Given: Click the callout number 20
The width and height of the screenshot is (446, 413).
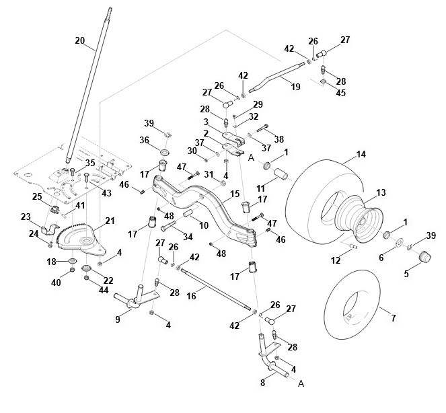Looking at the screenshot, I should pos(79,41).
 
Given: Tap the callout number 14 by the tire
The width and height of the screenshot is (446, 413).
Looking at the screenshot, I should pos(361,155).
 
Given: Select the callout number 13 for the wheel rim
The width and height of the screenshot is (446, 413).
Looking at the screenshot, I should pos(381,192).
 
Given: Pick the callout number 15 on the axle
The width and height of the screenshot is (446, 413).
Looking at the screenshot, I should pos(235,194).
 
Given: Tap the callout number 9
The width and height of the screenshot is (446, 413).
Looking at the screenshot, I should pos(118,320).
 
